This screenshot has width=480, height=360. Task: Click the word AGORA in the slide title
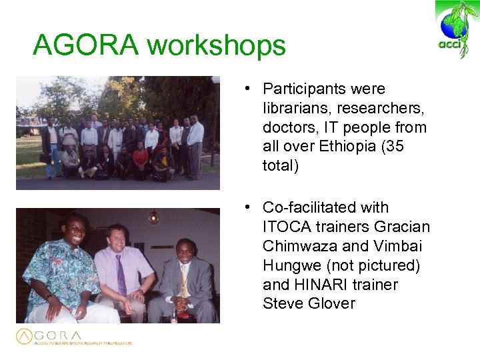(x=86, y=45)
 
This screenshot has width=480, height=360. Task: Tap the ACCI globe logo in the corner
(x=457, y=29)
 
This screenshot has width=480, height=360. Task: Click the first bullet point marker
(x=247, y=89)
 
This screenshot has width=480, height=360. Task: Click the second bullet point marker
(x=247, y=208)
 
